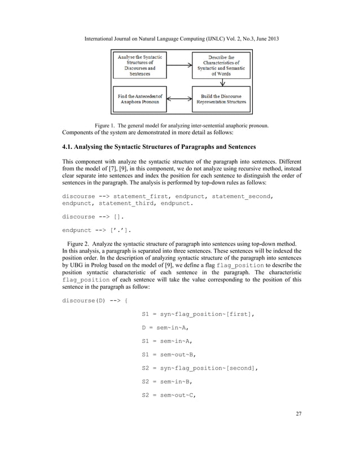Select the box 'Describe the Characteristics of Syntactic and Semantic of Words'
pos(221,65)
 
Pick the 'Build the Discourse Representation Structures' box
pos(221,99)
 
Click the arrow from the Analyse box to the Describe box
pos(175,65)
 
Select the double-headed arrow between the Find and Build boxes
pos(175,99)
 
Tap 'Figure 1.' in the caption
pos(105,125)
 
